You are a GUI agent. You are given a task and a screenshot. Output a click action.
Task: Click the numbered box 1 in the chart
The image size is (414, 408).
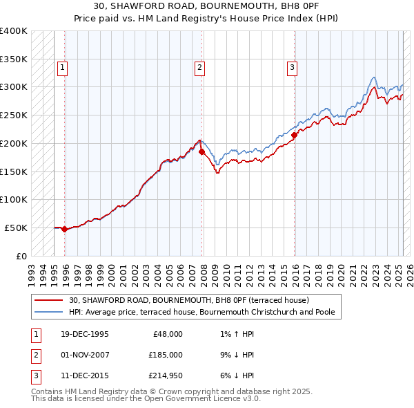[x=63, y=68]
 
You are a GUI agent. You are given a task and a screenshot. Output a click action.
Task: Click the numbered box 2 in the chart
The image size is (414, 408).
[x=199, y=68]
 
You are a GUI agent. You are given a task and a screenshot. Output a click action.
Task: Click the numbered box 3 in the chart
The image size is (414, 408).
[x=293, y=68]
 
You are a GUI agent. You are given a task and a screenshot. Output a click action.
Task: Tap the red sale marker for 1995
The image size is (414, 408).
[x=64, y=229]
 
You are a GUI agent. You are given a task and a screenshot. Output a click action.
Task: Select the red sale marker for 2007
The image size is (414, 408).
[x=201, y=151]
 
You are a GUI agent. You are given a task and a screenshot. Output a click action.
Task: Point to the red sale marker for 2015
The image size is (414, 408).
[x=295, y=135]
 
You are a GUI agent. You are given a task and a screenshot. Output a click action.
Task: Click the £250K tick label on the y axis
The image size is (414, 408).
[x=13, y=115]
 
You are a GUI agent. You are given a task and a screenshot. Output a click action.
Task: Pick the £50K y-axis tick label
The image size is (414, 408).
[x=16, y=228]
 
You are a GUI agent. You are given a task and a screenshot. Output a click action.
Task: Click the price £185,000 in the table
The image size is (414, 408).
[x=166, y=355]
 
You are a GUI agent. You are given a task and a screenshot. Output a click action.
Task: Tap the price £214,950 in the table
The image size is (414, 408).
[x=166, y=375]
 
